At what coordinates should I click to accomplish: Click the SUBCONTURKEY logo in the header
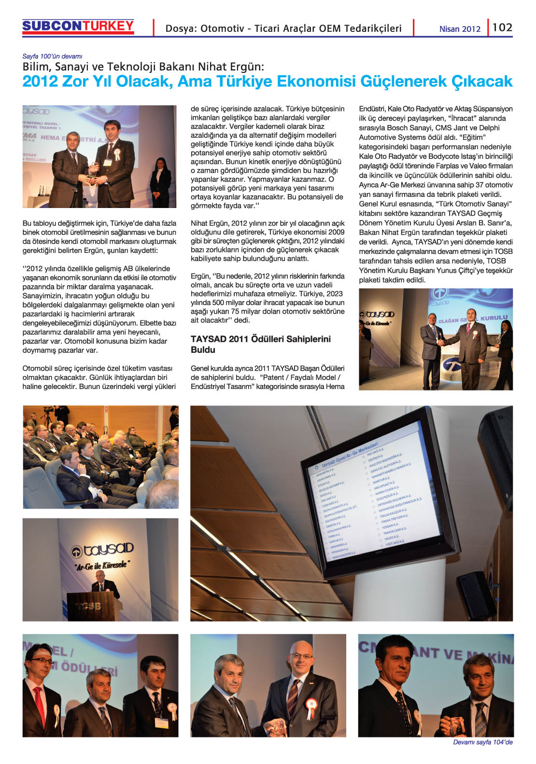(x=78, y=27)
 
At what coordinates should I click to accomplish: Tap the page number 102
(x=502, y=28)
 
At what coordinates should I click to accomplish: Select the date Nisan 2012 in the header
(x=460, y=29)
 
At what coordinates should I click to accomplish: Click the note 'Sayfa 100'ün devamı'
(x=52, y=56)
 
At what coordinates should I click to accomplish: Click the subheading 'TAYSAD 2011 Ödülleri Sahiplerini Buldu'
(x=261, y=344)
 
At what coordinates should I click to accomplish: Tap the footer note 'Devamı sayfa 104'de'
(x=482, y=742)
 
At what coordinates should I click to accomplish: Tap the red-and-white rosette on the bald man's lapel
(x=312, y=704)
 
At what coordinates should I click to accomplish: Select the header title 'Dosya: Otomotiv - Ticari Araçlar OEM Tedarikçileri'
(x=283, y=28)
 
